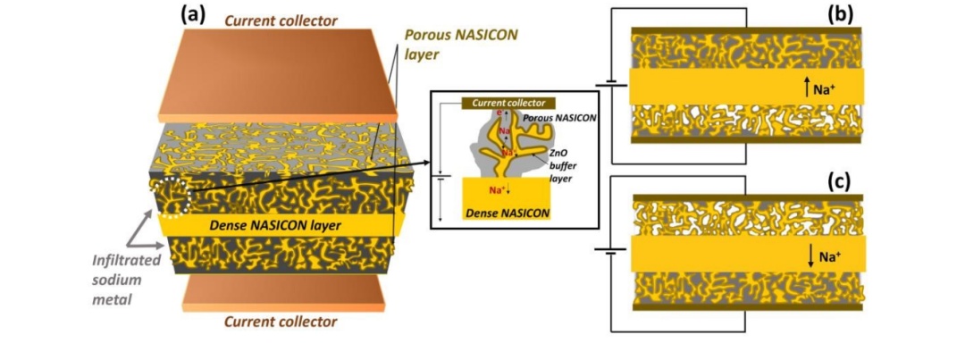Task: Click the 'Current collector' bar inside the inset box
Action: click(x=508, y=103)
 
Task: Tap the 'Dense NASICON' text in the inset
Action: click(x=506, y=214)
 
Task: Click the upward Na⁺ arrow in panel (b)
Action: click(x=808, y=87)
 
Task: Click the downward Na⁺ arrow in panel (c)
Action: click(x=811, y=257)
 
